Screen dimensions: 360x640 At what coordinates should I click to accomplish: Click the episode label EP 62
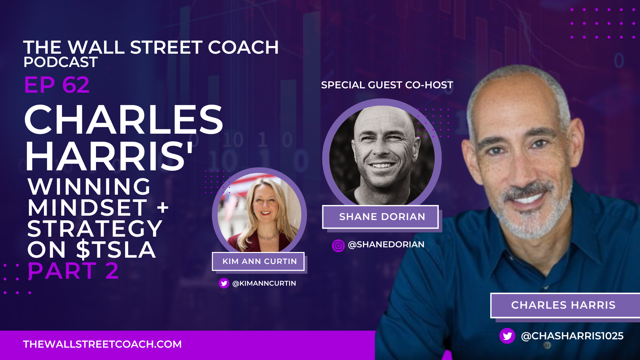57,85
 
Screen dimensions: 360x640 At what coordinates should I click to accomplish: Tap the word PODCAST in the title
60,62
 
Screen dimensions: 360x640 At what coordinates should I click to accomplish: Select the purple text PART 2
73,271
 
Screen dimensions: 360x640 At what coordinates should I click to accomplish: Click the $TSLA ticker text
116,250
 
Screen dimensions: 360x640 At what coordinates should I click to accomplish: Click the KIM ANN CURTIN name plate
258,261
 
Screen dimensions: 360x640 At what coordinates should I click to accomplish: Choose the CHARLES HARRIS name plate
563,305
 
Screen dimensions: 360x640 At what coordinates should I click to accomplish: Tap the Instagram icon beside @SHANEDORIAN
338,246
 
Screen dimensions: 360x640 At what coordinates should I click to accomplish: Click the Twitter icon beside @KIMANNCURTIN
224,283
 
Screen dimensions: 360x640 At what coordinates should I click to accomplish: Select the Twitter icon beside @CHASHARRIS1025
507,336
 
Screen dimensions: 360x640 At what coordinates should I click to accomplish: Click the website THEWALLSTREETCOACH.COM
102,344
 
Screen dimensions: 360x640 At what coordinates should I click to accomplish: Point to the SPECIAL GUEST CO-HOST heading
387,85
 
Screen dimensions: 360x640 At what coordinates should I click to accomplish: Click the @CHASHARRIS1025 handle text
572,336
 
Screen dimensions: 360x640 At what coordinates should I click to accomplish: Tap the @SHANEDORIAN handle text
386,245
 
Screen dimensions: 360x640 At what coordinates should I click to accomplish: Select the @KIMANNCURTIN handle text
264,283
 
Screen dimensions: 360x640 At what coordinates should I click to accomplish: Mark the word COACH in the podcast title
243,47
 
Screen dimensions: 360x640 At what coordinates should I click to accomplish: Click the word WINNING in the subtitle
89,187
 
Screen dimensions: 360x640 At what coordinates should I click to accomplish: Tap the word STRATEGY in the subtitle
95,229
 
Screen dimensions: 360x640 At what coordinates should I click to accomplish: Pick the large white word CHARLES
123,120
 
